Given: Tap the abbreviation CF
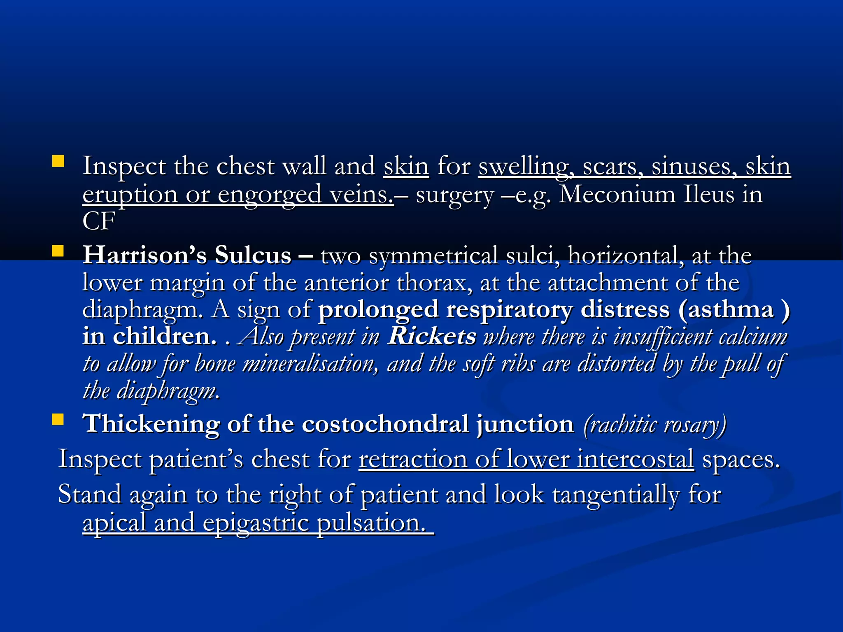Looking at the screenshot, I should coord(99,221).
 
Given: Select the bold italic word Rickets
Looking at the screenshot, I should coord(433,336).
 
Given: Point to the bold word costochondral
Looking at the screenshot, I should coord(385,424).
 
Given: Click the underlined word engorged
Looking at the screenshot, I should coord(269,194).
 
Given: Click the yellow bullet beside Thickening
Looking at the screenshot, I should coord(58,419).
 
